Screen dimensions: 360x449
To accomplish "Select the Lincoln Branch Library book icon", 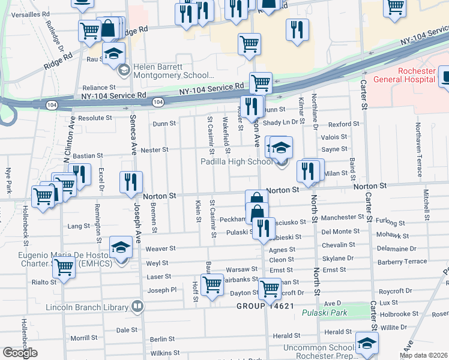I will coord(137,308).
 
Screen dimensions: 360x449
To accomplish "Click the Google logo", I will coord(20,353).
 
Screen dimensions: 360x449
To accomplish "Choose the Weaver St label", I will coord(160,248).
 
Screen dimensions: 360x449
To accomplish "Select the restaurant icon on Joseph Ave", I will coord(130,182).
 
